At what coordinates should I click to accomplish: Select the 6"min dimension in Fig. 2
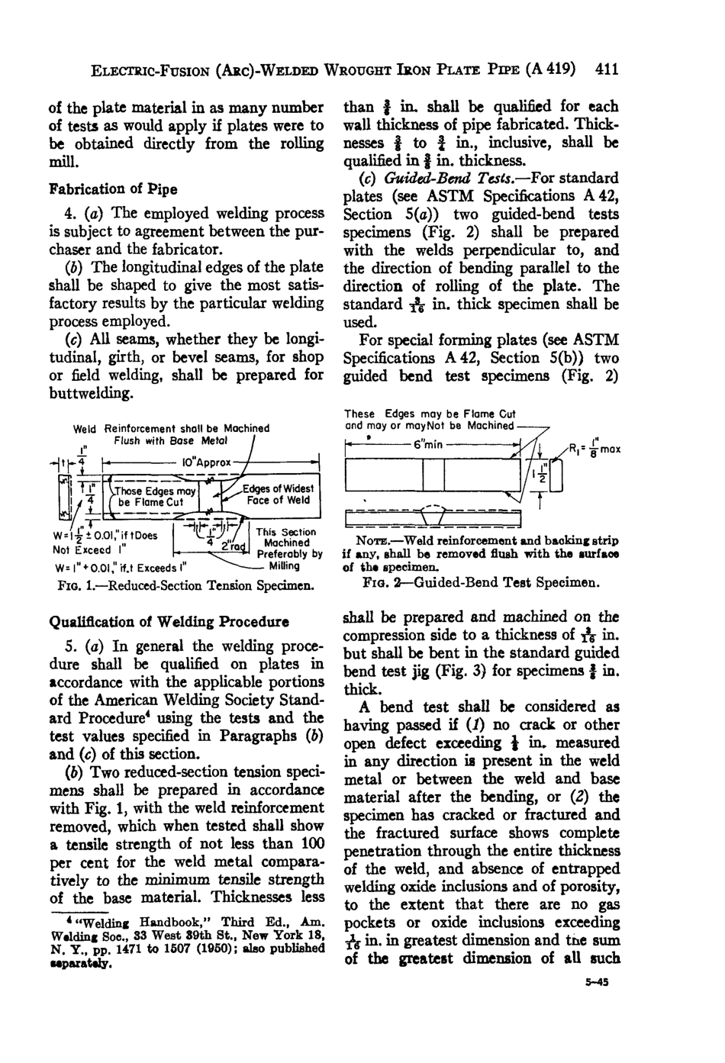coord(427,445)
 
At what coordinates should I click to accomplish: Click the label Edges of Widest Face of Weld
coord(278,494)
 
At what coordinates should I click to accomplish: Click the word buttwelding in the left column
coord(92,394)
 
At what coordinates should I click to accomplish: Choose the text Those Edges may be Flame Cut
coord(154,497)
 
